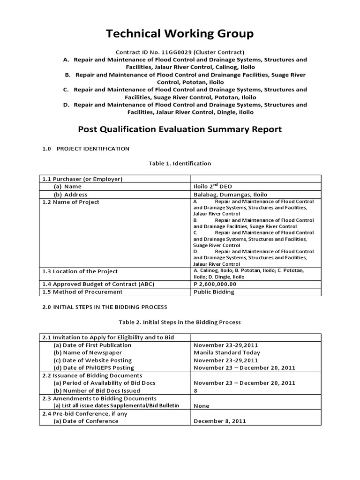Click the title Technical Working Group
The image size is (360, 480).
click(x=180, y=34)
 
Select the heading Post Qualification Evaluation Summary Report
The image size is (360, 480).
click(x=180, y=129)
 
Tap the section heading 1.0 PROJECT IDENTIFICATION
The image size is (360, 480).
click(x=86, y=149)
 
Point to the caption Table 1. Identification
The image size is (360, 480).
click(x=180, y=164)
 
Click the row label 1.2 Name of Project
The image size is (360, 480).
click(x=70, y=202)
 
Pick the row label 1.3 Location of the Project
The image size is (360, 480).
click(x=80, y=271)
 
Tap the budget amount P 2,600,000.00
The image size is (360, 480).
click(x=215, y=284)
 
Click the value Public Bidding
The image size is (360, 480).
click(x=213, y=292)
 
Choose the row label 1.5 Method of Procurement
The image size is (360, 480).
click(x=82, y=292)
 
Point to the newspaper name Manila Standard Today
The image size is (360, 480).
click(x=226, y=352)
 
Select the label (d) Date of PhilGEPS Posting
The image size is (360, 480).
click(x=93, y=368)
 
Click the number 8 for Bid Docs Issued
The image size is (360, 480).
click(x=195, y=390)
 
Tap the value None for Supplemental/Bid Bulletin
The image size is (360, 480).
click(x=201, y=406)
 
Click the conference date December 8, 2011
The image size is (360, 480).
click(x=219, y=421)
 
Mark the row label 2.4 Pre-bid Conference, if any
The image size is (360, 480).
click(x=84, y=414)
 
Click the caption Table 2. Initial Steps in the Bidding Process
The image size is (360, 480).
click(x=180, y=322)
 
